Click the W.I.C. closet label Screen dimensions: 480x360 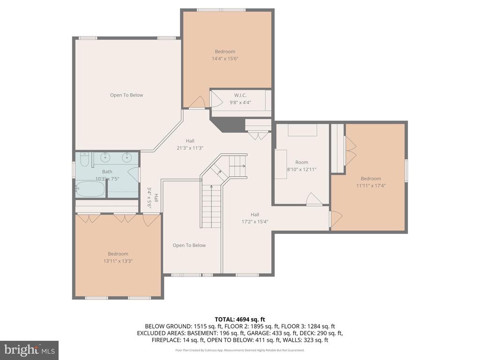[240, 96]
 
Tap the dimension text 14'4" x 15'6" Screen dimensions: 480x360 [225, 59]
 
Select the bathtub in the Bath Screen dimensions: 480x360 [90, 189]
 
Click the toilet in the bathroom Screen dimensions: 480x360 [84, 159]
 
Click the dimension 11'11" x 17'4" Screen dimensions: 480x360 [371, 186]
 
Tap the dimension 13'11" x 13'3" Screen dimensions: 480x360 [118, 261]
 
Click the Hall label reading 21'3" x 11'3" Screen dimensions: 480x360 [190, 144]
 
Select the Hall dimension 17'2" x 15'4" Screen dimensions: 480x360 [255, 222]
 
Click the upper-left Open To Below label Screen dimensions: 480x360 [127, 95]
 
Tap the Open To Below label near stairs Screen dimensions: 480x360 [189, 246]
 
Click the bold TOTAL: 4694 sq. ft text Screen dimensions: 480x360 [240, 320]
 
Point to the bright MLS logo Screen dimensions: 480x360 [30, 350]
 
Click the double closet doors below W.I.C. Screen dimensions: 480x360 [259, 135]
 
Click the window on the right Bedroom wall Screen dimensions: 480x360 [406, 171]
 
